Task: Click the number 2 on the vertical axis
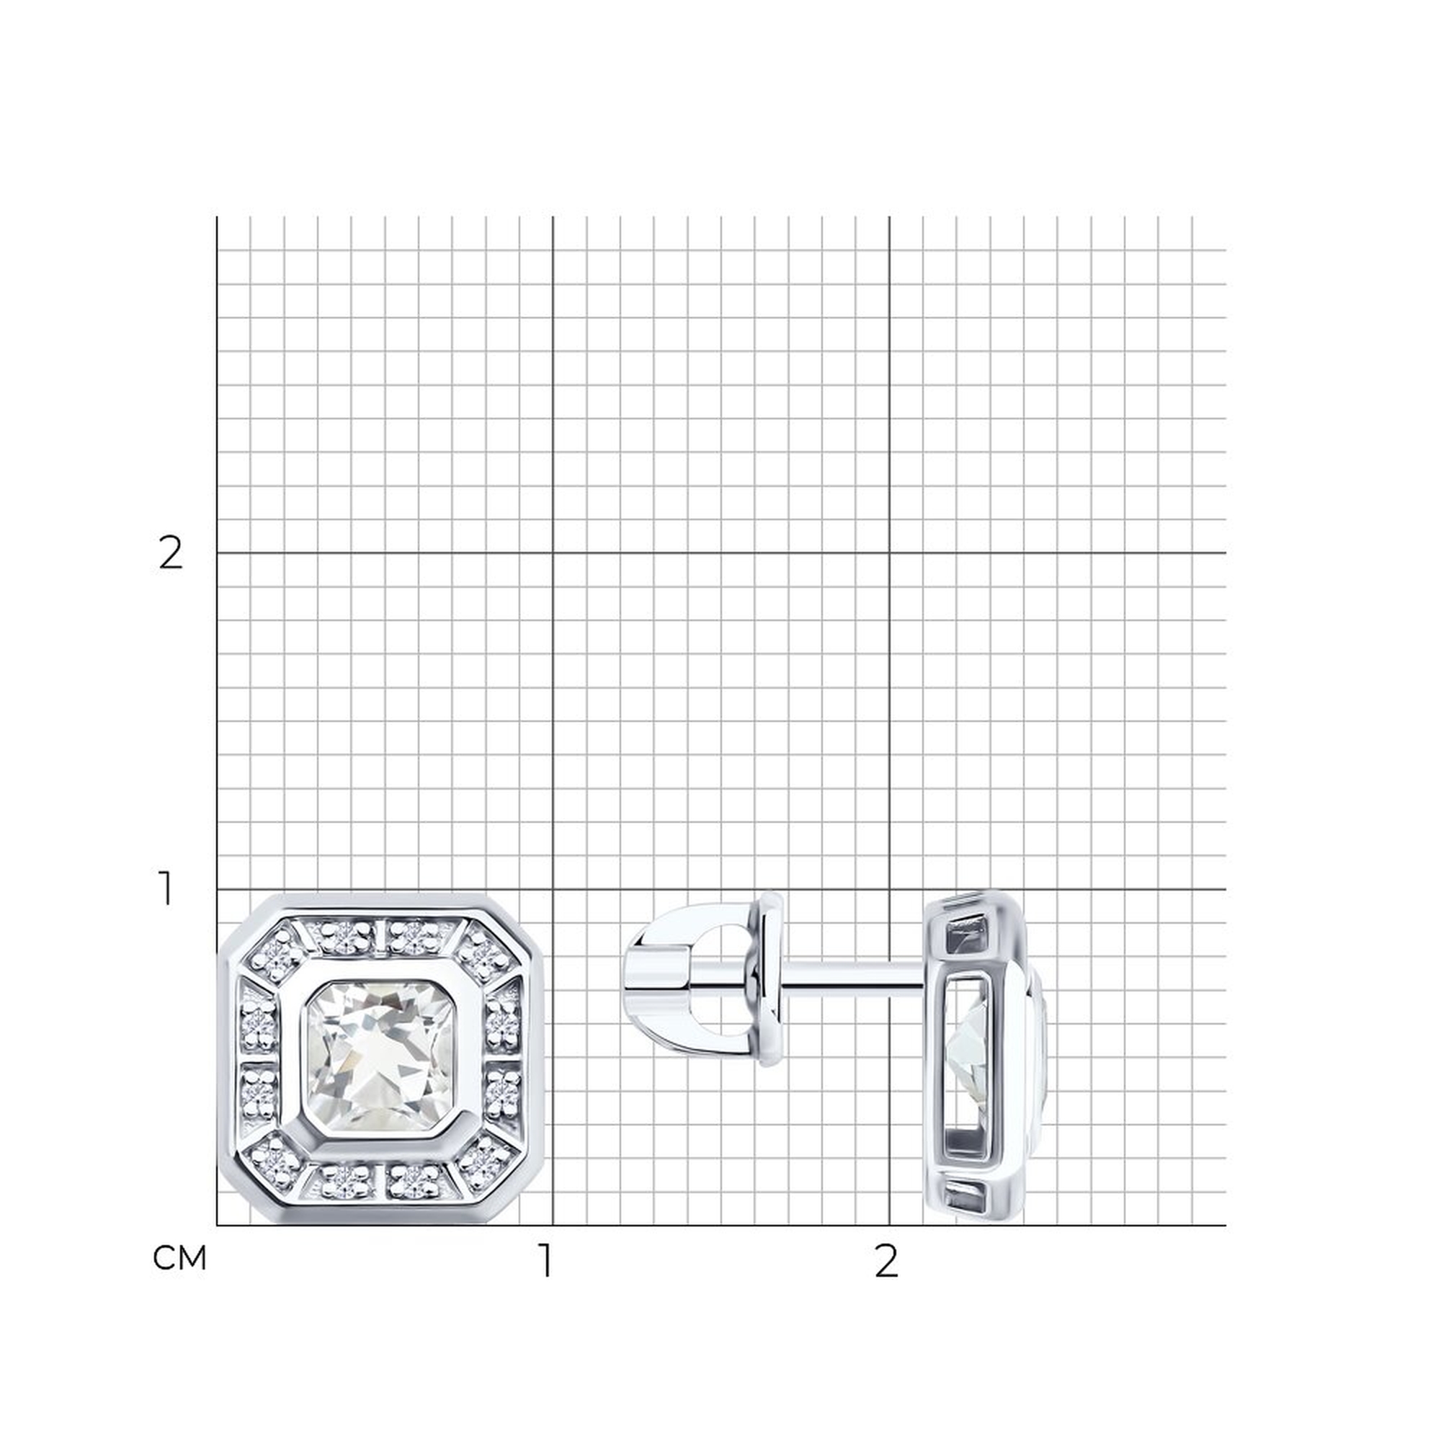171,554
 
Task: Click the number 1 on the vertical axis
166,889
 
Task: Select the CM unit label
179,1258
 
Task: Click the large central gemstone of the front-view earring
380,1057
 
